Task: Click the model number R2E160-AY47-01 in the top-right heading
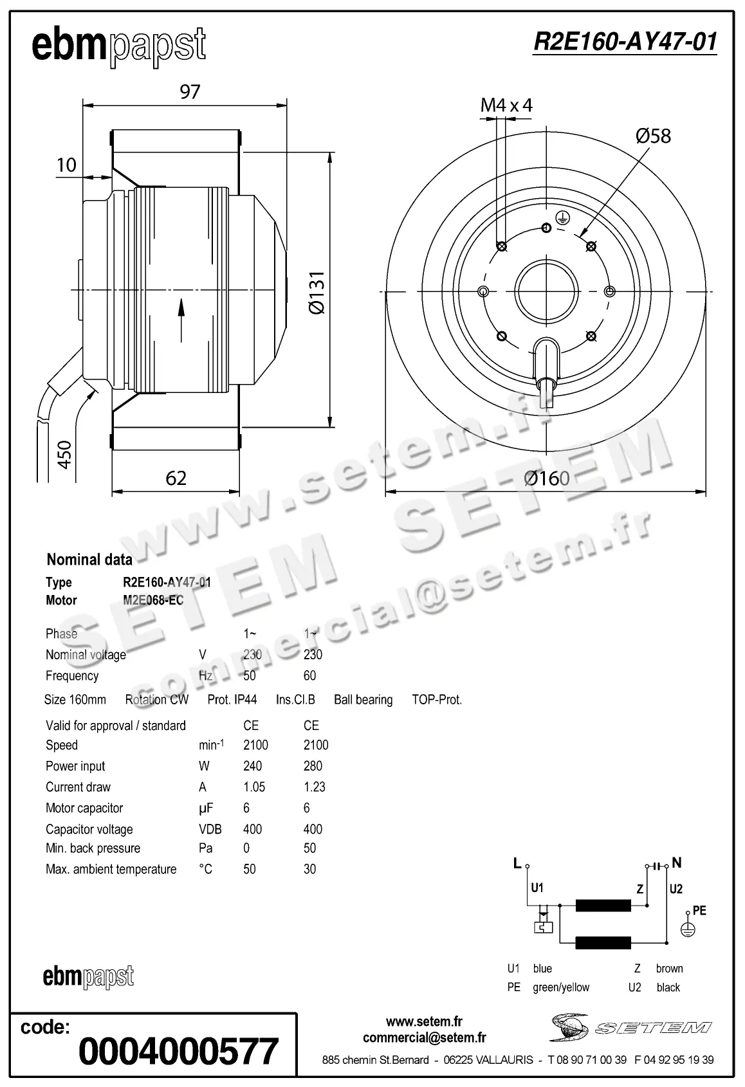pos(625,42)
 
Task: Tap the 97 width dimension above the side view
pos(190,92)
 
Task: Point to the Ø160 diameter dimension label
pos(546,478)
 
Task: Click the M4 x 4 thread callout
pos(506,105)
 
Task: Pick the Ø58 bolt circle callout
pos(652,136)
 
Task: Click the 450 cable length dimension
pos(64,454)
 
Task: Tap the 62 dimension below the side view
pos(176,478)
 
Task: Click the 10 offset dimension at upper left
pos(66,165)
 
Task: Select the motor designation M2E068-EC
pos(153,600)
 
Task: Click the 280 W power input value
pos(313,766)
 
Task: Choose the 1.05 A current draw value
pos(254,787)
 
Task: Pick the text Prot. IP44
pos(232,700)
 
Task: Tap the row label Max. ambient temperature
pos(111,869)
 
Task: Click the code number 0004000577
pos(178,1051)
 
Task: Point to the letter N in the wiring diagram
pos(676,863)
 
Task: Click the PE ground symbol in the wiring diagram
pos(688,929)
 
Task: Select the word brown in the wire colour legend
pos(669,969)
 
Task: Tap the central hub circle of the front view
pos(546,291)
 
